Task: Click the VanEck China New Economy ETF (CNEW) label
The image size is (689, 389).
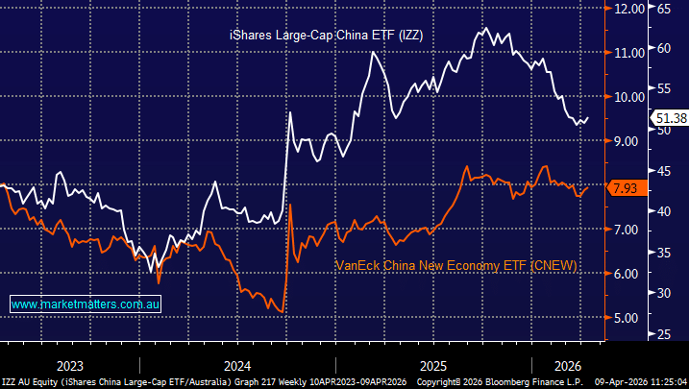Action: click(455, 264)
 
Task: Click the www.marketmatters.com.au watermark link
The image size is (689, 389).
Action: click(86, 304)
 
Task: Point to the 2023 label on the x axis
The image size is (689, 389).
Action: click(69, 365)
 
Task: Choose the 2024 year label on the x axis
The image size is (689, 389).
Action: click(236, 365)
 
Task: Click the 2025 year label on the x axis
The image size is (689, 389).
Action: click(432, 365)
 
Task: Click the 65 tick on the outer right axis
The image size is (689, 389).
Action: click(664, 8)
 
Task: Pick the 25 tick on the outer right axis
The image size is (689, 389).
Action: click(664, 334)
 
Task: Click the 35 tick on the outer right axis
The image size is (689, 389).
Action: click(664, 252)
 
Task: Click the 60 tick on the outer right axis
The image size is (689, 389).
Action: click(664, 48)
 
